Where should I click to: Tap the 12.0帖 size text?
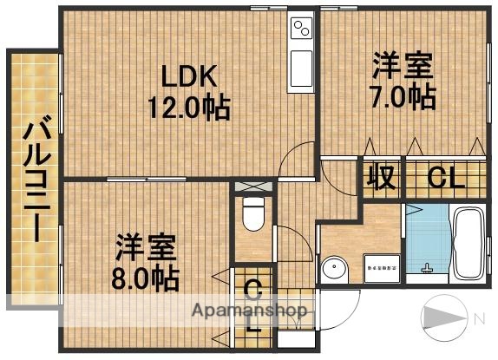coord(188,108)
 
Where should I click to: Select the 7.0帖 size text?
coord(405,95)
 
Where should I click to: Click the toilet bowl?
coord(253,213)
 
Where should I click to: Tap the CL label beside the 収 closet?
coord(443,179)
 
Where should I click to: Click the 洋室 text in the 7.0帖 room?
coord(403,65)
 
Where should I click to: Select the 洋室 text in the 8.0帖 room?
coord(147,247)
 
